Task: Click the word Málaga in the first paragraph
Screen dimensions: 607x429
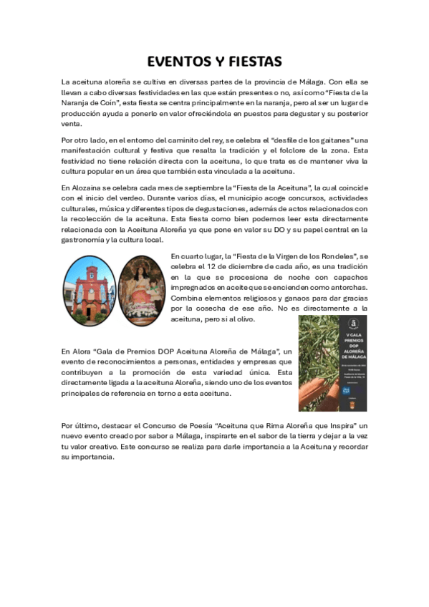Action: [311, 82]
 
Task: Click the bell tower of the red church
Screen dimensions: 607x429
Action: [90, 274]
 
